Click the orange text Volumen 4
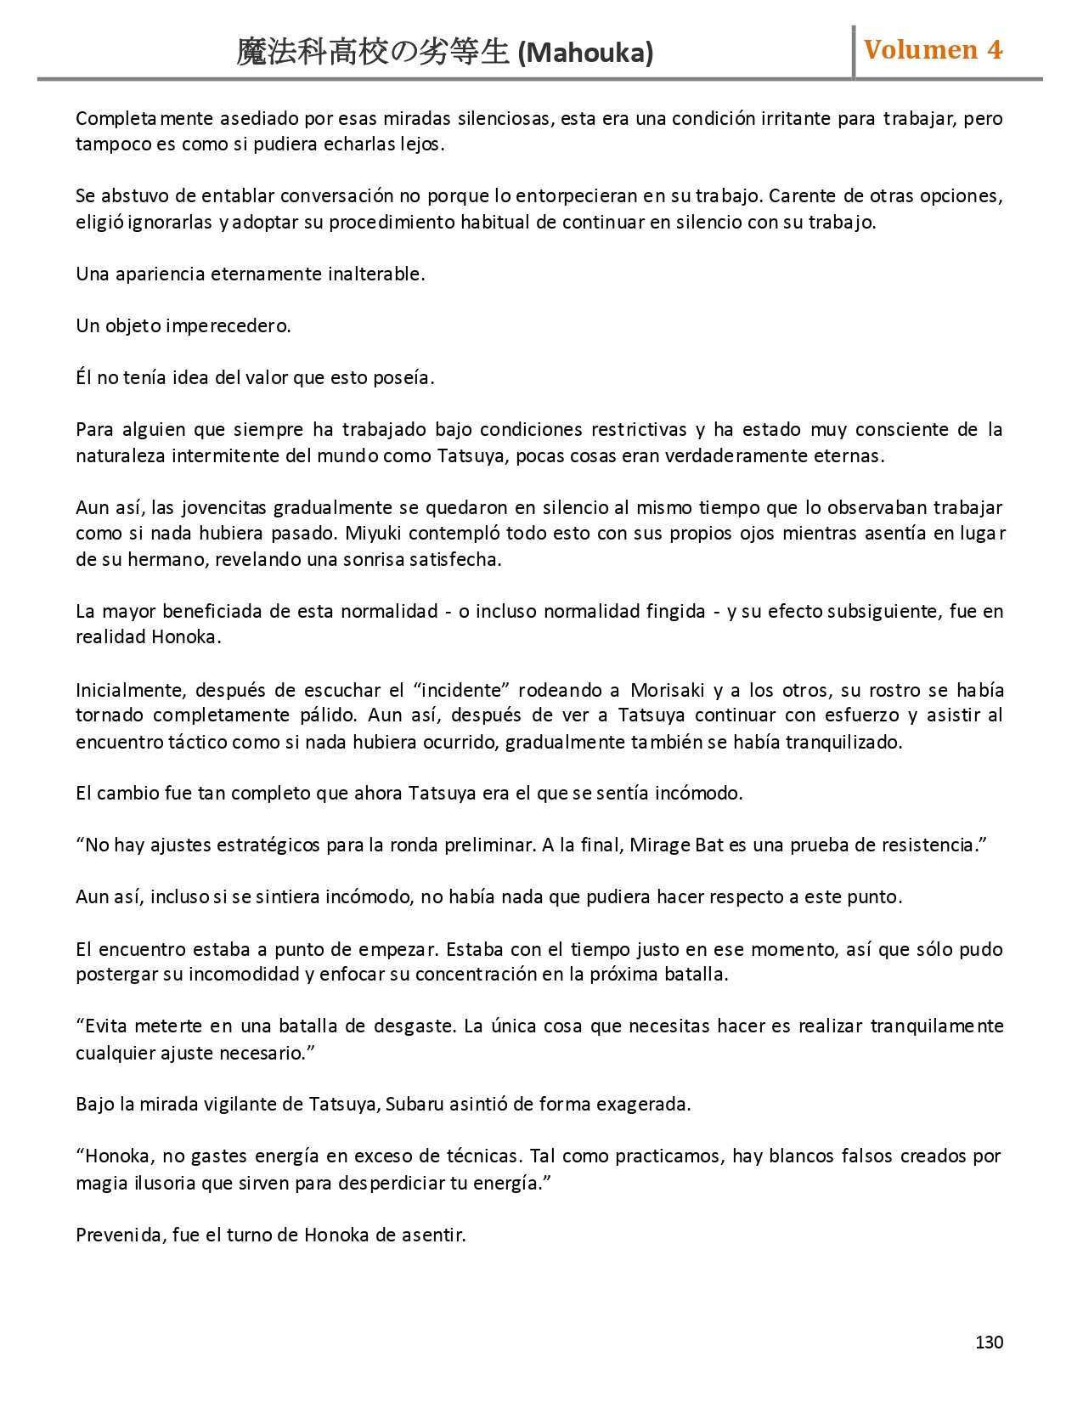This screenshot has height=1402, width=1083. click(933, 50)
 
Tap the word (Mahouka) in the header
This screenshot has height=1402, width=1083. click(585, 54)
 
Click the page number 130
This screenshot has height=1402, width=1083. click(989, 1342)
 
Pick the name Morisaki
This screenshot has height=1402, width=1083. click(668, 689)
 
